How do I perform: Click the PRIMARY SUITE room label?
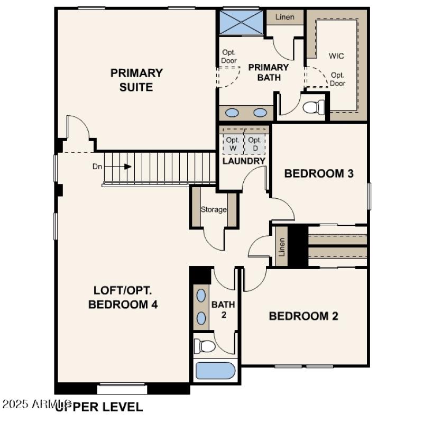pos(136,80)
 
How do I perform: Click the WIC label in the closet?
pos(336,56)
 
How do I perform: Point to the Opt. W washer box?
pos(233,143)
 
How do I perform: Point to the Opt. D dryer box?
pos(255,143)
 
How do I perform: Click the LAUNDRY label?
pos(244,161)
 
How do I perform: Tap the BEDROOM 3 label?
pos(319,173)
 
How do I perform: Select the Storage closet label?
pos(214,209)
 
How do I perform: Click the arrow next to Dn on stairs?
pos(127,167)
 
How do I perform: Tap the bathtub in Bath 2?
pos(215,370)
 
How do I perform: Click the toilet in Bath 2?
pos(205,346)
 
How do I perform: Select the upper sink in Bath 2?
pos(201,296)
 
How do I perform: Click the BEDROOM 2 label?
pos(304,316)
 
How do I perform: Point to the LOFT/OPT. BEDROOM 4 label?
pos(123,298)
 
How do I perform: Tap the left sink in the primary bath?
pos(232,113)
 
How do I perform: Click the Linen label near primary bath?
pos(284,16)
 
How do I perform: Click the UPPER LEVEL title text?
pos(99,407)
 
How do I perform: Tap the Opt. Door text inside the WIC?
pos(338,79)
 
